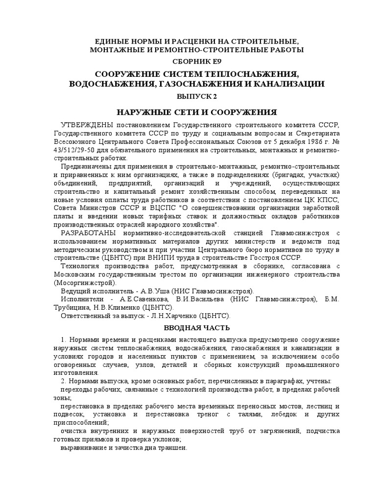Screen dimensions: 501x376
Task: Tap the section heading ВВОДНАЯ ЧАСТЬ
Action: click(x=196, y=327)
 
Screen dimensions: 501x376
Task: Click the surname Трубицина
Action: click(x=73, y=308)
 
